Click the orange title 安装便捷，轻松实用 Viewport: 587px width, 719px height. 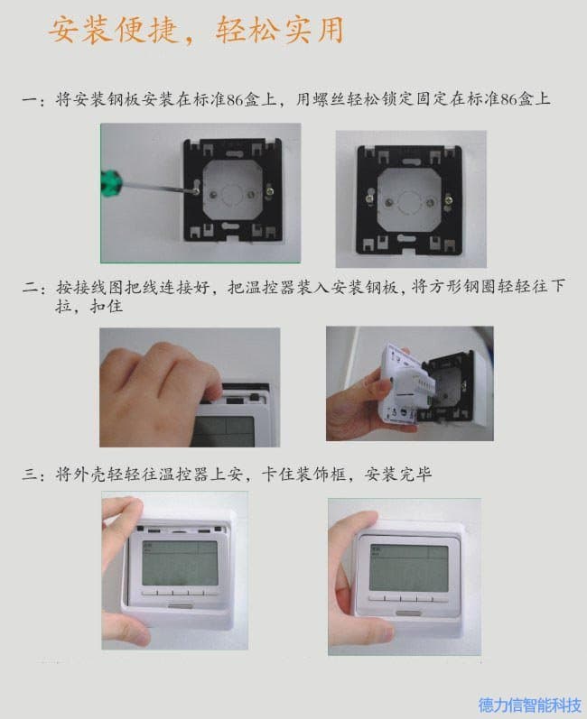(197, 31)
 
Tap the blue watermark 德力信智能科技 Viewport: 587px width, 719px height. (529, 705)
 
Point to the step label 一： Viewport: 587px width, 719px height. (33, 100)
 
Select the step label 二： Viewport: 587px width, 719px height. (33, 289)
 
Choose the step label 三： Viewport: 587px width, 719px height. (33, 475)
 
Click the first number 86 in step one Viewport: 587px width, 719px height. (236, 99)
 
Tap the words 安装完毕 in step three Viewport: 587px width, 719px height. (398, 475)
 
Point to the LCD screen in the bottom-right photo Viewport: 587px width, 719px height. (408, 567)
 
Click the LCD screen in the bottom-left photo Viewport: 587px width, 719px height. (180, 563)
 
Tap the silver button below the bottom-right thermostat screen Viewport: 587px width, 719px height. (408, 613)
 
